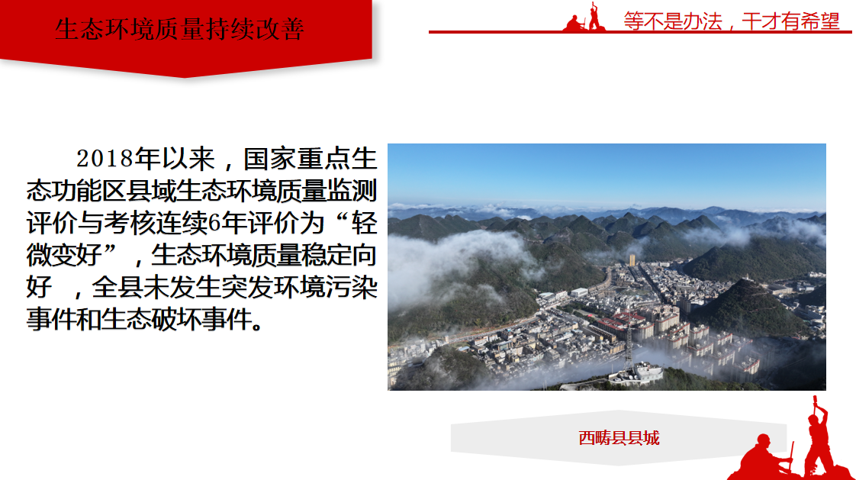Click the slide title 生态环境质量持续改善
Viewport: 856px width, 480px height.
point(179,29)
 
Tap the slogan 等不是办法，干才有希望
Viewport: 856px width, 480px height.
point(732,21)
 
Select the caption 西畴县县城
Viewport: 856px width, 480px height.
point(619,438)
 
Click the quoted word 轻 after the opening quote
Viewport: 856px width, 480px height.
point(364,223)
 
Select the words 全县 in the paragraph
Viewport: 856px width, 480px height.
point(117,287)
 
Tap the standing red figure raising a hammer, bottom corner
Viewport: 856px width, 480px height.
point(817,437)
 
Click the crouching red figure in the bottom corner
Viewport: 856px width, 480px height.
point(764,458)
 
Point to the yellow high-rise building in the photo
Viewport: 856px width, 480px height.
point(632,260)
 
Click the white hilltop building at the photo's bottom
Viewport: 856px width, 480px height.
point(636,373)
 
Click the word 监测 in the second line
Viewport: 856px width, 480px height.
point(352,191)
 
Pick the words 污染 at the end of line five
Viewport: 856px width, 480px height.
point(352,287)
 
